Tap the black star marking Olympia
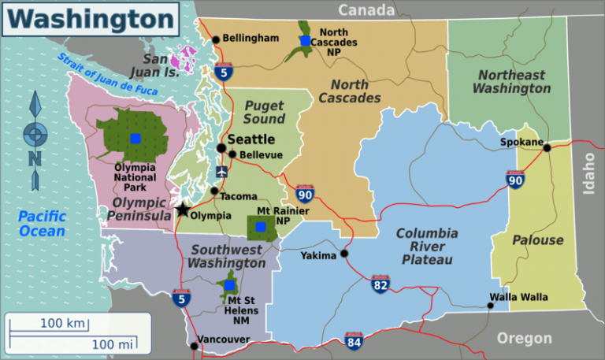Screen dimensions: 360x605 183,210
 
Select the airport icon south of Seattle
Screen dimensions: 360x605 221,171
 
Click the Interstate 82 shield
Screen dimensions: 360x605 380,284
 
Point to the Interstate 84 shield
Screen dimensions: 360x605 354,340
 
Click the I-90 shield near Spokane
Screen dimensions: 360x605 515,181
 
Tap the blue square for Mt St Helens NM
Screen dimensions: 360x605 228,285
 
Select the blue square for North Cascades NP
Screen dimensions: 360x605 306,40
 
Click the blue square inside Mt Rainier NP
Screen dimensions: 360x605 261,227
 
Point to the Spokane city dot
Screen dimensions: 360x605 547,147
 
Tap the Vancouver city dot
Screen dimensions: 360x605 194,345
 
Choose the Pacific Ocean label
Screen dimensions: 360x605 42,224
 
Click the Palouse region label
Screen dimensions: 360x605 538,240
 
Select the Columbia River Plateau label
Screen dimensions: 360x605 426,247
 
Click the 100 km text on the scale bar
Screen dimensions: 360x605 63,324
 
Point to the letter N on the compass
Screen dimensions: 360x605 34,158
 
